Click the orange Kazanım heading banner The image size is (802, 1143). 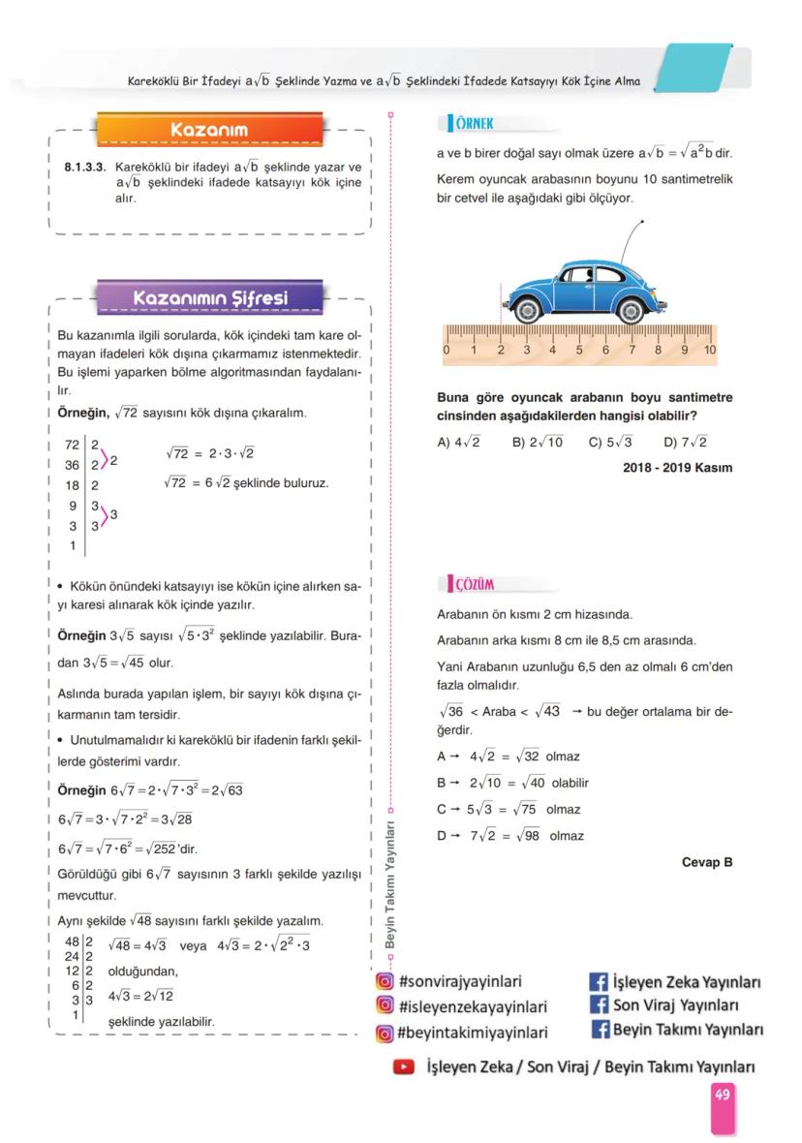click(x=209, y=130)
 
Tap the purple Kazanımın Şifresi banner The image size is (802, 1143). click(x=209, y=296)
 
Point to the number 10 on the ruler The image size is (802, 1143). click(x=710, y=350)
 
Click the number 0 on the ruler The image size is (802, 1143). click(x=447, y=350)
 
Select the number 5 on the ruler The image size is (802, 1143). click(x=579, y=350)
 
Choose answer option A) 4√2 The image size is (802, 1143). click(x=459, y=443)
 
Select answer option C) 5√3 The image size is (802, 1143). click(x=610, y=443)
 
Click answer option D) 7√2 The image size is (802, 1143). click(x=685, y=443)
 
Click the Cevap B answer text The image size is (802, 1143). click(x=707, y=861)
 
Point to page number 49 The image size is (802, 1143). click(x=723, y=1095)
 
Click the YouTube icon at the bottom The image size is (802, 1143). click(x=403, y=1066)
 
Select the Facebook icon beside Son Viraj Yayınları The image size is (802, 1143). click(x=599, y=1004)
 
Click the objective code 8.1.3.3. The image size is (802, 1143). click(x=84, y=166)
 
